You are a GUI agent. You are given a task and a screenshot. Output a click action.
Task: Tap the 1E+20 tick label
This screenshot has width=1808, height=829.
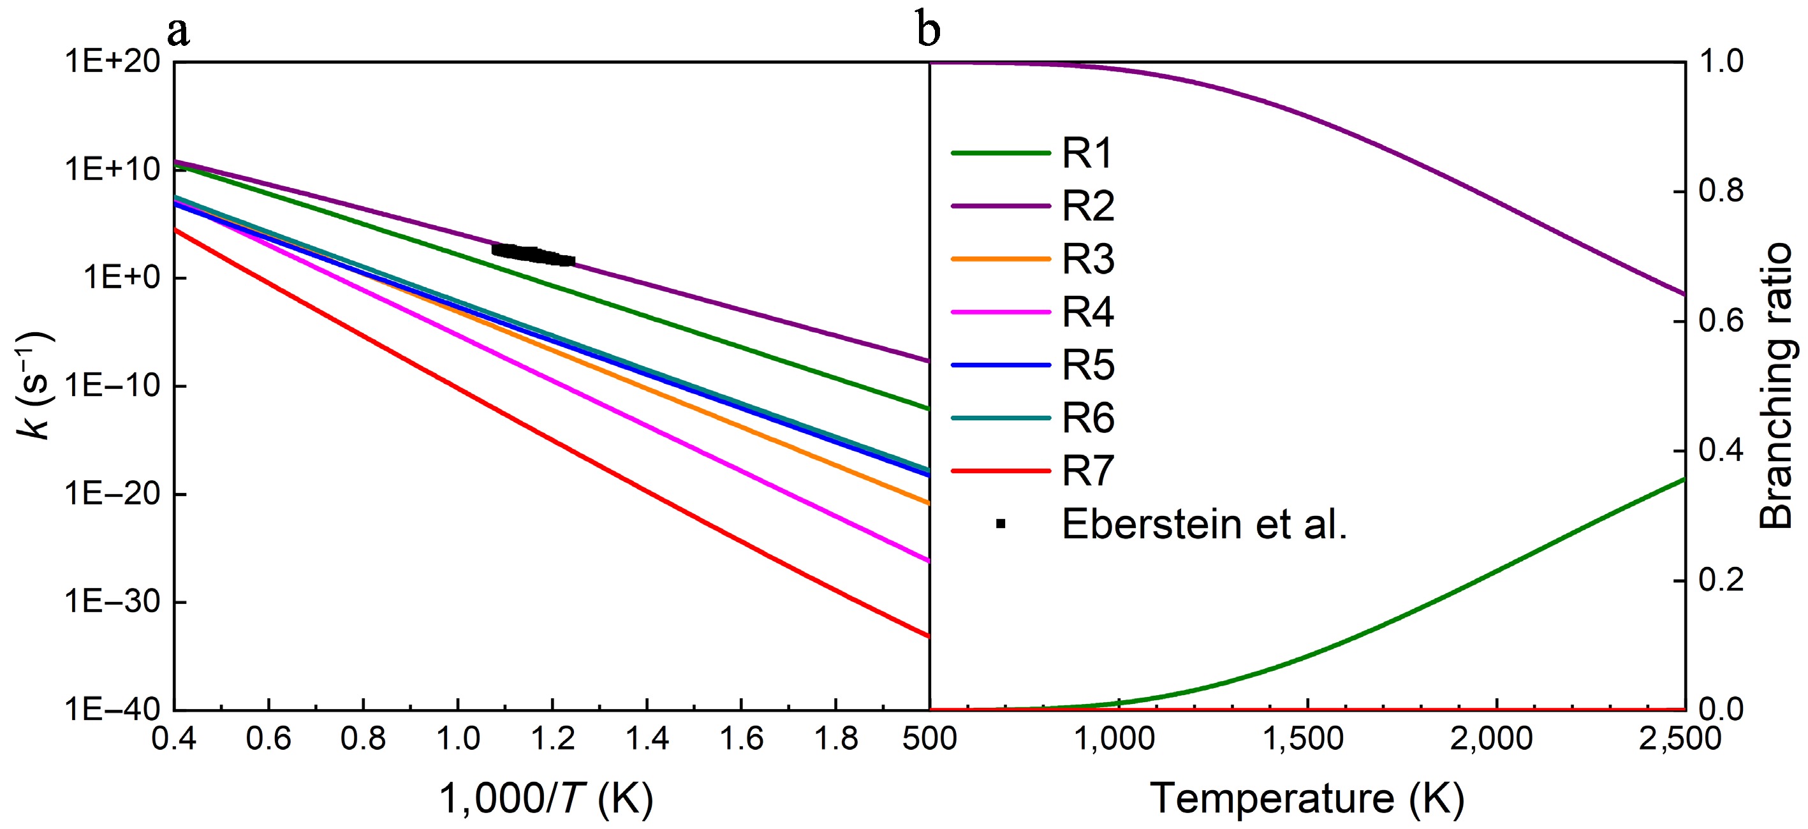(112, 62)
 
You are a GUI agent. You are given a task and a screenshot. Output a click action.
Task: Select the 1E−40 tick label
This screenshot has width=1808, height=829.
(112, 710)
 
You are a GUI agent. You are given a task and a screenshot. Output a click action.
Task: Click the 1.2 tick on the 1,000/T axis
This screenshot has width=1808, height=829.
(552, 738)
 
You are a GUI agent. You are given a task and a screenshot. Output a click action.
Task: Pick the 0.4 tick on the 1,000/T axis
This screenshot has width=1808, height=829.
(174, 738)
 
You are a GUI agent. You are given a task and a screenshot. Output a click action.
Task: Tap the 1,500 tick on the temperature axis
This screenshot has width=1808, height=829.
(1307, 738)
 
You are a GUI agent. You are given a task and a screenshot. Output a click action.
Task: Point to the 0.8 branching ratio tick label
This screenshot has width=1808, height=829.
(1722, 192)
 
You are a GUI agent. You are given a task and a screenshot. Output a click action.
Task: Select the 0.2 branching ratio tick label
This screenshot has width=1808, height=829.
(1722, 580)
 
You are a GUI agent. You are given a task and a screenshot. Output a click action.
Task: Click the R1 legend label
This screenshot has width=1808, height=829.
(1087, 153)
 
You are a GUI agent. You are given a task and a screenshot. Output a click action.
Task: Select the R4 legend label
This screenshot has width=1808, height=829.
(1087, 312)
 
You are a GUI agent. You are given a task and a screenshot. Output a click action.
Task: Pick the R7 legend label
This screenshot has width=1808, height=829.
(1087, 471)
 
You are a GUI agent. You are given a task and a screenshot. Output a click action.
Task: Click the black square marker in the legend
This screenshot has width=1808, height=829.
(1001, 524)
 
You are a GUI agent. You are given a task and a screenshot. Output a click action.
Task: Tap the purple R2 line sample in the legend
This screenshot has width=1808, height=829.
(1001, 207)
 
